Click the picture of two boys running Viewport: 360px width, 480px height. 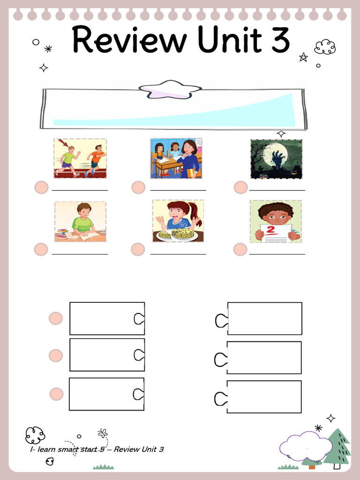pos(80,158)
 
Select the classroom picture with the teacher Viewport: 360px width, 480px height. pos(176,158)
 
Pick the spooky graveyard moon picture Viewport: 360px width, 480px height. pos(277,159)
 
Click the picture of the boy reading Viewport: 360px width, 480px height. pos(80,222)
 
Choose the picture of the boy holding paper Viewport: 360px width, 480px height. pos(276,222)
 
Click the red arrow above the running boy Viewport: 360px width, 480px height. pos(62,142)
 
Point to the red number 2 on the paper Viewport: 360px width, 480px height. pos(270,230)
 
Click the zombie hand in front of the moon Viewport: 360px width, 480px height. pos(278,158)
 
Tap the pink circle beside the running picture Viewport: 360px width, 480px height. pos(42,187)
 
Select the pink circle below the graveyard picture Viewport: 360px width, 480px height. pos(240,187)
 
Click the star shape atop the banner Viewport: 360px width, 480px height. pos(170,90)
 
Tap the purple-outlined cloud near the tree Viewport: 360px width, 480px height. pos(306,446)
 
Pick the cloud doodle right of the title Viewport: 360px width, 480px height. pos(325,47)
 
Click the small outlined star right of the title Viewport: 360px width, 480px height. pos(303,57)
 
